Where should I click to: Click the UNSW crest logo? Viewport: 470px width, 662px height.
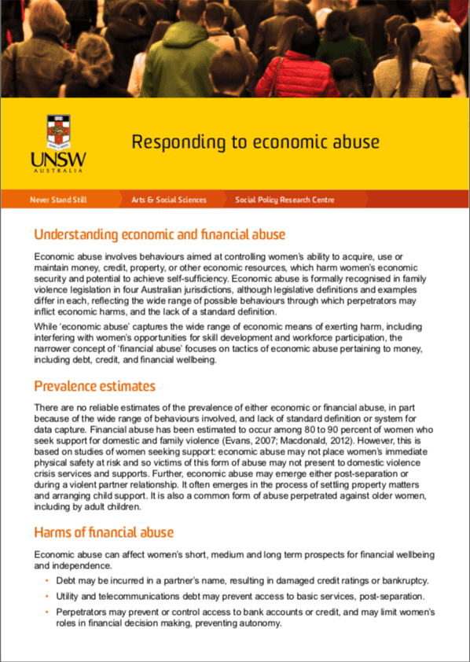[59, 131]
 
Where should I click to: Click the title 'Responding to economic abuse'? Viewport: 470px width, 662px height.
[255, 142]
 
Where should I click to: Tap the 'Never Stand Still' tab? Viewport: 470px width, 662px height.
[58, 200]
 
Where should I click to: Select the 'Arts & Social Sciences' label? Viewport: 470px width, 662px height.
[169, 200]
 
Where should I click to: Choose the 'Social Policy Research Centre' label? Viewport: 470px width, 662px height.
[285, 200]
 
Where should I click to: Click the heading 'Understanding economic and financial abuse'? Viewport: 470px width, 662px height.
[159, 235]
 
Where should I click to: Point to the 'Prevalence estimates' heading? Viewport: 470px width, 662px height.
[94, 386]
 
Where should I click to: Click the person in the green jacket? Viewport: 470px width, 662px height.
[181, 55]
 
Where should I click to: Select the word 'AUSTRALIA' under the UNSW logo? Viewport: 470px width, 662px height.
[59, 171]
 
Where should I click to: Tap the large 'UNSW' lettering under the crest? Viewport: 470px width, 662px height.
[59, 160]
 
